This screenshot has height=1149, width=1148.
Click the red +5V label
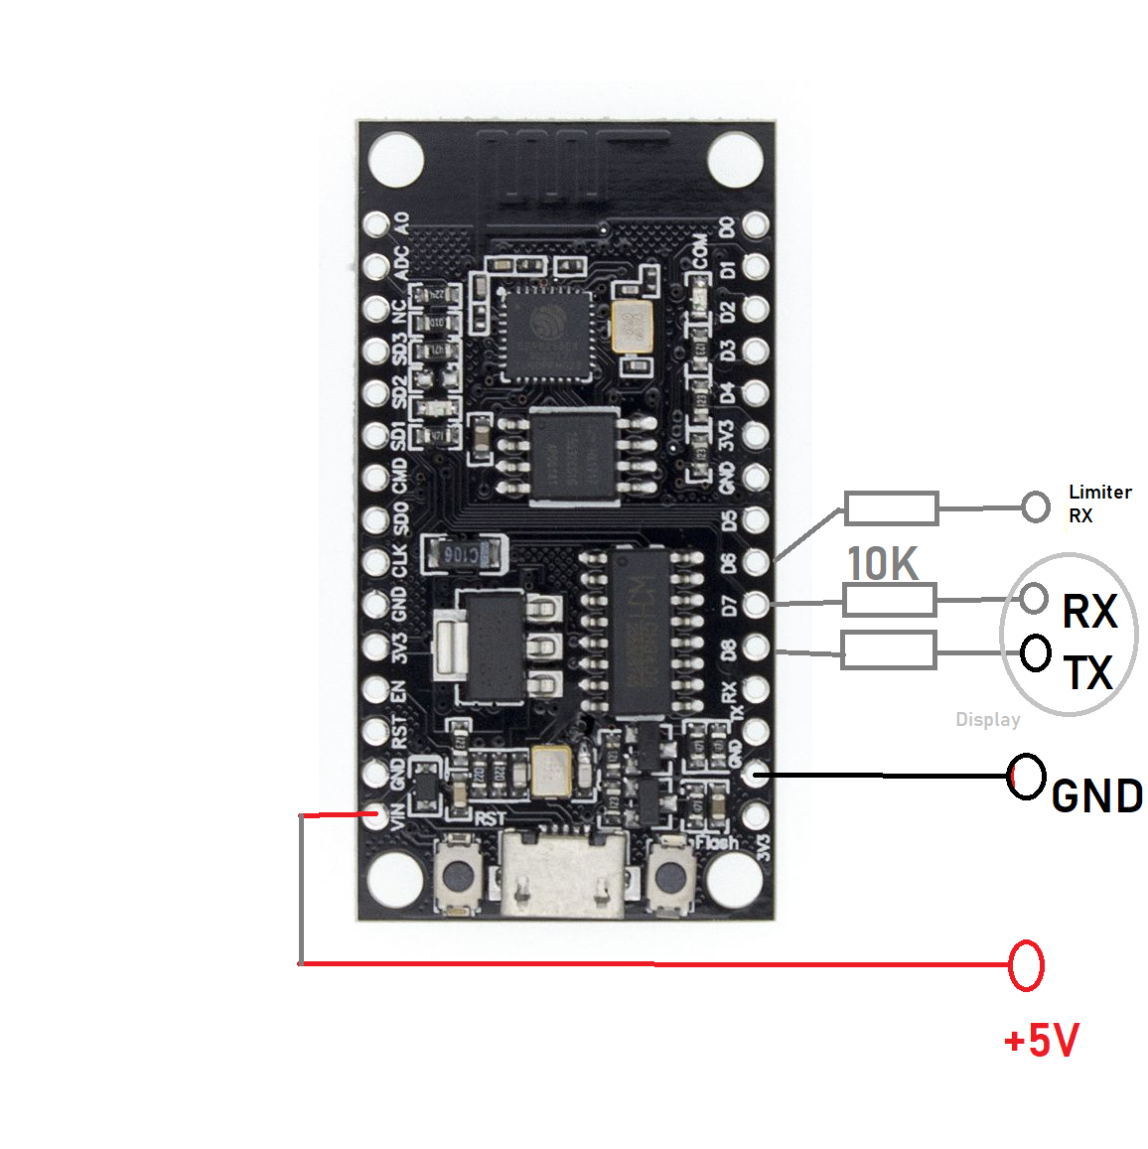coord(1041,1041)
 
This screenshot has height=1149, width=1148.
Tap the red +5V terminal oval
coord(1026,964)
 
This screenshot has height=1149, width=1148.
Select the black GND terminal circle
coord(1027,776)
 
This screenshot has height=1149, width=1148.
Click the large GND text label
coord(1096,796)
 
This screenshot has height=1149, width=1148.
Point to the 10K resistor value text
coord(882,564)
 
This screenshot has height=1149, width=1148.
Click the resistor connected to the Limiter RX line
coord(891,508)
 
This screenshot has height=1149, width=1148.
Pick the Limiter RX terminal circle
coord(1036,507)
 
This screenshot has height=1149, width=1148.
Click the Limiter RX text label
coord(1099,503)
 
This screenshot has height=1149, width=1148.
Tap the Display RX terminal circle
coord(1035,598)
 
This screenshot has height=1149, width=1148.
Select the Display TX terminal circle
coord(1036,652)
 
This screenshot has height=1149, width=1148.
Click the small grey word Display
coord(987,720)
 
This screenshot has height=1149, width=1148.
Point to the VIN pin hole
coord(375,815)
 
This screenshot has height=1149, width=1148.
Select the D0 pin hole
coord(756,224)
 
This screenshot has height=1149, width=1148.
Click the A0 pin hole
coord(375,224)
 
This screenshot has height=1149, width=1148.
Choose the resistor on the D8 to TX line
coord(889,650)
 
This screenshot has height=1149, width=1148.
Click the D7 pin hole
coord(756,603)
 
